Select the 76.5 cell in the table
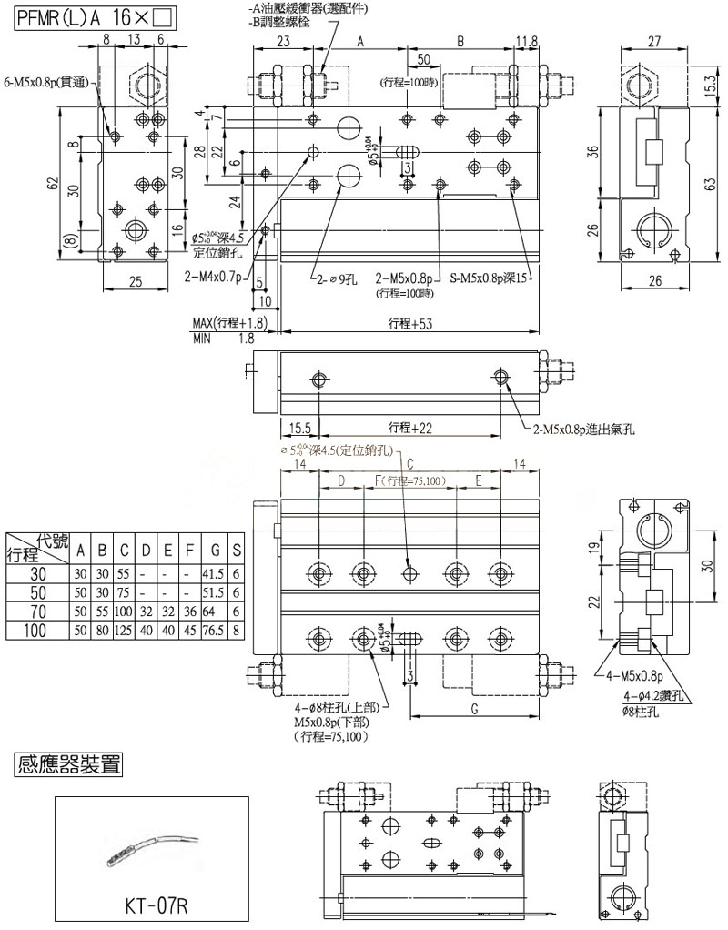(x=214, y=631)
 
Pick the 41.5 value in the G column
(x=214, y=573)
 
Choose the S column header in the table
(x=237, y=550)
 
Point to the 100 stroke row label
(x=37, y=631)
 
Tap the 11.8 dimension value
(x=526, y=41)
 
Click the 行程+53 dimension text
(x=409, y=323)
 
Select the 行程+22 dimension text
(x=409, y=427)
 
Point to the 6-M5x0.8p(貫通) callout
(x=51, y=81)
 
